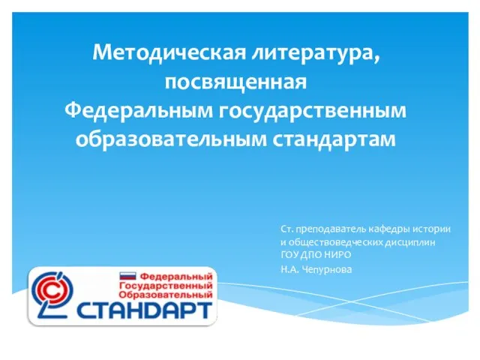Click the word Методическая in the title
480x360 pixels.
(169, 52)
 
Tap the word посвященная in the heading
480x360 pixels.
(235, 82)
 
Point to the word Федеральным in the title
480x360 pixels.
(138, 110)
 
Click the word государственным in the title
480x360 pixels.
(312, 112)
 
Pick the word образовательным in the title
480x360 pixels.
(171, 139)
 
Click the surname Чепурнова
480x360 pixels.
(327, 270)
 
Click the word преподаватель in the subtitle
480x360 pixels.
(331, 229)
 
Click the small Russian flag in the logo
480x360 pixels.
(127, 276)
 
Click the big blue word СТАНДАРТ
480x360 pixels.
(144, 310)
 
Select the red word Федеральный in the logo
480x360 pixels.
(176, 277)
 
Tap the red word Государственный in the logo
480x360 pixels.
(166, 286)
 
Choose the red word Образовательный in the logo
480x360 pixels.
(166, 295)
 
